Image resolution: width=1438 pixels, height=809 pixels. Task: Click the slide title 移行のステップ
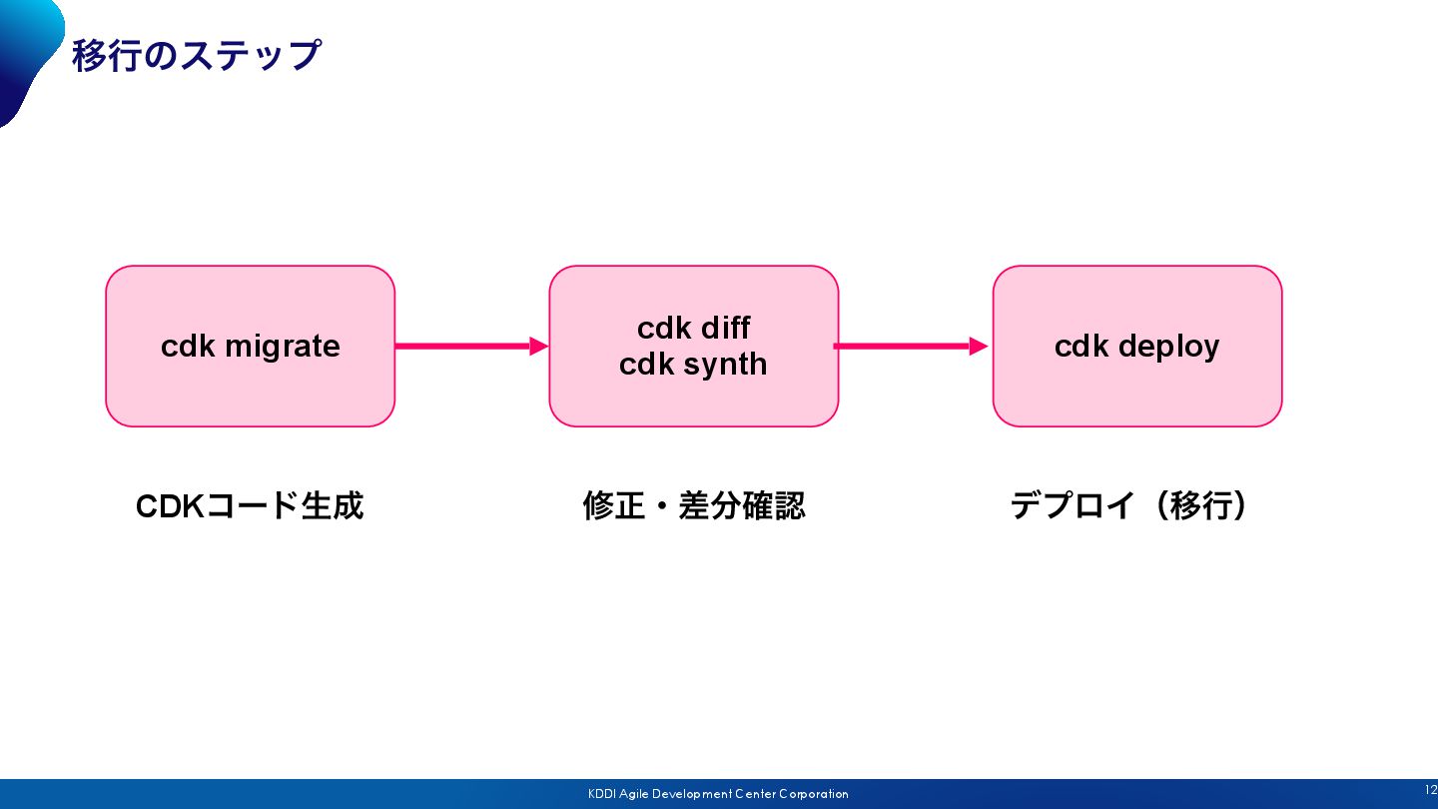pos(196,55)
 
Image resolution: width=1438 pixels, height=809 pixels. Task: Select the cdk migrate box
pos(251,346)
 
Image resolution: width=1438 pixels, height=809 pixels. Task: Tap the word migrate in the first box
pos(283,348)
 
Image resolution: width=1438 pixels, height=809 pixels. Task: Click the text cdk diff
pos(693,328)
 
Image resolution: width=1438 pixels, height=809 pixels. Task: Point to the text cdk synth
pos(693,364)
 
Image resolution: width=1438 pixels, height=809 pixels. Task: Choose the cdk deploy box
pos(1137,346)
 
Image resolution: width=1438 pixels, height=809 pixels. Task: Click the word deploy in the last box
pos(1168,348)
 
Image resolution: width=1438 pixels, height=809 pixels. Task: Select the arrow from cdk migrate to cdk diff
pos(471,346)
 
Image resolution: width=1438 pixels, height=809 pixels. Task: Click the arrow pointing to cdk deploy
pos(911,346)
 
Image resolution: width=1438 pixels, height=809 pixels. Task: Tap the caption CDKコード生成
pos(250,506)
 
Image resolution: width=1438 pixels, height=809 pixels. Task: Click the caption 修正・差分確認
pos(694,506)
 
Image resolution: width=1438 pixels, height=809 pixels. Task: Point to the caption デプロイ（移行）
pos(1129,506)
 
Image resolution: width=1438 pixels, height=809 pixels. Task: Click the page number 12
pos(1431,790)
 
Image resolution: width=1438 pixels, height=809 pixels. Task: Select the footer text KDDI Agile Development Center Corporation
pos(718,794)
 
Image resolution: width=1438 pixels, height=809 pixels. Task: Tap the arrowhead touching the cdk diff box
pos(539,346)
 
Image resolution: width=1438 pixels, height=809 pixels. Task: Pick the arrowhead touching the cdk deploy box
pos(979,346)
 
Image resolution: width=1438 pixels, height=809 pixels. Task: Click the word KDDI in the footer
pos(602,794)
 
